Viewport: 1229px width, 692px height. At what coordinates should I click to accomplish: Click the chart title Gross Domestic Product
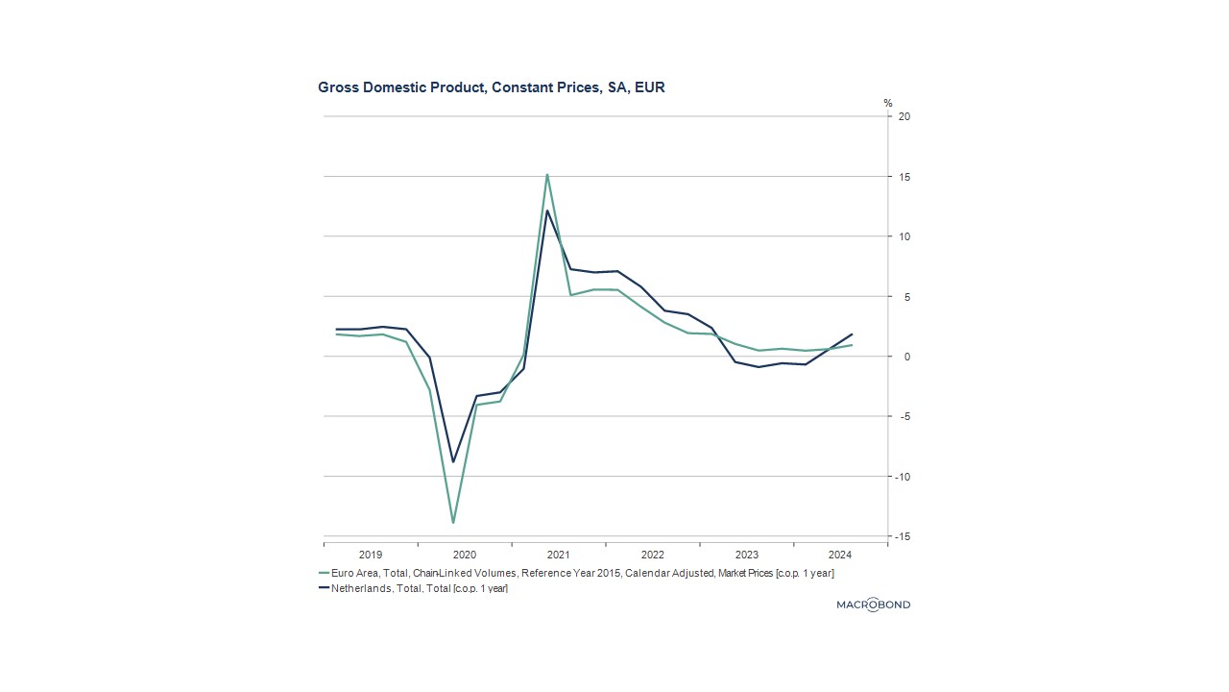coord(491,87)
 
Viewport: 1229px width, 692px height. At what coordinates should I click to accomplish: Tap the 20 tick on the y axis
coord(904,116)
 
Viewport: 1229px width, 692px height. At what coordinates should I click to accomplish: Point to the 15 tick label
coord(904,177)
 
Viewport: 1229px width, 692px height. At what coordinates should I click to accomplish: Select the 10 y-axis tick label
coord(904,236)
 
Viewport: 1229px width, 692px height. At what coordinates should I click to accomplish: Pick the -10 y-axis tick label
coord(902,477)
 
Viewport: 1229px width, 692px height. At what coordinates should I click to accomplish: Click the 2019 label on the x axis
coord(371,555)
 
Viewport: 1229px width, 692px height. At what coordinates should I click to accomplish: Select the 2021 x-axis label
coord(559,555)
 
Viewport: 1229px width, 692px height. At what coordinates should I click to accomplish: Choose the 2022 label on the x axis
coord(653,555)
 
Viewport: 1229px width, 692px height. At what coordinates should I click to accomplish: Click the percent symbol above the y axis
coord(888,103)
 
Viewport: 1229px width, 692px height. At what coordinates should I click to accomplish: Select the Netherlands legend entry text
coord(419,588)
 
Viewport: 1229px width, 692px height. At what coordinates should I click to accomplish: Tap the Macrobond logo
coord(873,605)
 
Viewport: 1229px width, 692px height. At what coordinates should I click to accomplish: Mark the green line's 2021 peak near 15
coord(547,175)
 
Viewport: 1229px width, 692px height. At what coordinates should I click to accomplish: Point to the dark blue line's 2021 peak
coord(547,210)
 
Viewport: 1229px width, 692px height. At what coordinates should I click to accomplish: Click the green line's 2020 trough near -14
coord(453,523)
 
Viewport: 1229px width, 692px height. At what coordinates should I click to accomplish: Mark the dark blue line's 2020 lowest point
coord(453,462)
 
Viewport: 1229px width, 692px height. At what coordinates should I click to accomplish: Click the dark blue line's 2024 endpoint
coord(852,334)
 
